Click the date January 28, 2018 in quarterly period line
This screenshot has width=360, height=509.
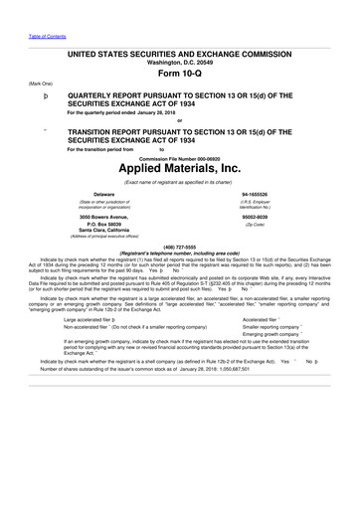[166, 112]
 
